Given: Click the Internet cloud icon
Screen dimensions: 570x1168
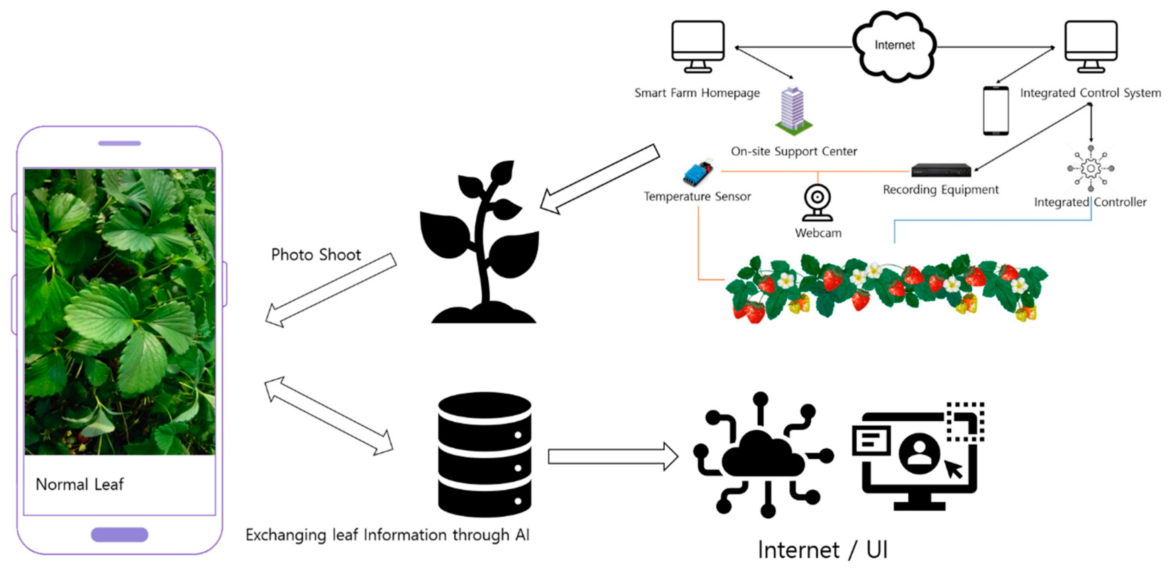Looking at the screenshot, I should (894, 46).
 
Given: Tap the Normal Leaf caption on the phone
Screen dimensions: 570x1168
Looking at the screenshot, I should (80, 484).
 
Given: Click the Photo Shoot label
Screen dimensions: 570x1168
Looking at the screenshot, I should (316, 255).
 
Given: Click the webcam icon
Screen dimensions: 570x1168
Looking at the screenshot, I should (818, 202).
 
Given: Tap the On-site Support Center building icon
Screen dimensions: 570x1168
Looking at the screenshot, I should (793, 111).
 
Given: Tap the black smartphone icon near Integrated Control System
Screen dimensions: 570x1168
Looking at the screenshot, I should (996, 111).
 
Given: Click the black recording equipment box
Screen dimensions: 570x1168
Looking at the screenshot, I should (941, 170).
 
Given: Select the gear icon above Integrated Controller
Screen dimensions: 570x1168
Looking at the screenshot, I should (1090, 168).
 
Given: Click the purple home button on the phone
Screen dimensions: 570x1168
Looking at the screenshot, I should (119, 534).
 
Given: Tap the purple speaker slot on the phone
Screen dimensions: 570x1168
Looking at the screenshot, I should (119, 143).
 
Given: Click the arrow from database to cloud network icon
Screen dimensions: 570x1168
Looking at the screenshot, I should (612, 456).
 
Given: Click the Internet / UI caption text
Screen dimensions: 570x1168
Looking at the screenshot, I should (822, 550).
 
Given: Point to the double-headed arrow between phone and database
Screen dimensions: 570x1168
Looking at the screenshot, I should (329, 415).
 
